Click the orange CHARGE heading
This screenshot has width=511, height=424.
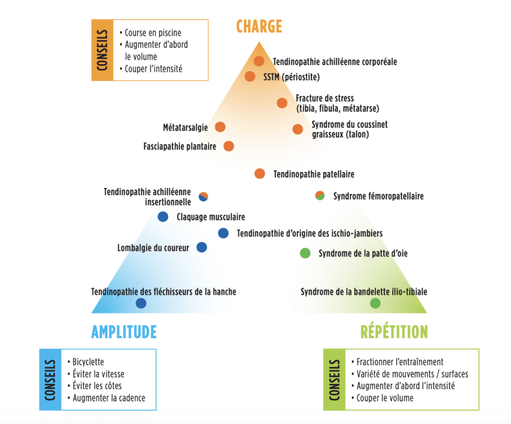[259, 26]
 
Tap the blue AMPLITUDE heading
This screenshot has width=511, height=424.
[124, 332]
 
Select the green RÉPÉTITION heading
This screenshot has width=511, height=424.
[394, 332]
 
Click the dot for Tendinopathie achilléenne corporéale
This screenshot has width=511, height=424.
[259, 61]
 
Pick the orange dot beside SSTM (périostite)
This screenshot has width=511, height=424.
[250, 76]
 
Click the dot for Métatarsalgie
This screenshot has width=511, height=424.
[220, 127]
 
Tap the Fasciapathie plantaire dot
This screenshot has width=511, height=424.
[229, 146]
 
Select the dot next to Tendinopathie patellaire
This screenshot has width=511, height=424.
[259, 174]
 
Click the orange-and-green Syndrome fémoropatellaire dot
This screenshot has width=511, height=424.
[320, 195]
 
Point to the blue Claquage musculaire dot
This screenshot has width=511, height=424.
[163, 216]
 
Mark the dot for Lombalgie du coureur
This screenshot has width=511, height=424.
[202, 247]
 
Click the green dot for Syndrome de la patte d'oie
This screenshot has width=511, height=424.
[305, 253]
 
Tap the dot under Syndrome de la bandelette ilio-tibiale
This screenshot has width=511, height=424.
[375, 303]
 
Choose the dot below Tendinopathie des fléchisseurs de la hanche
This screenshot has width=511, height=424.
[141, 303]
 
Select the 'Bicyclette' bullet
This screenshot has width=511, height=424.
[88, 362]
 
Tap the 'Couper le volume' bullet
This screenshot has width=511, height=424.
[385, 398]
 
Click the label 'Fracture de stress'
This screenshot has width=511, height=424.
[325, 98]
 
